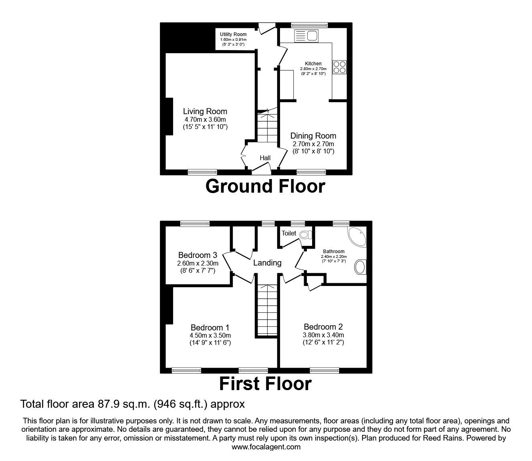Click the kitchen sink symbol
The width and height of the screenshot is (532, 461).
point(306,36)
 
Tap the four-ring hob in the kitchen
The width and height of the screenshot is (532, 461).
point(339,67)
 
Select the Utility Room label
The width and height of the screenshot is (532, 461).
point(233,34)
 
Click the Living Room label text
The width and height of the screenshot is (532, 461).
point(205,111)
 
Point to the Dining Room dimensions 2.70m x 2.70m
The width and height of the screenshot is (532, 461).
point(313,144)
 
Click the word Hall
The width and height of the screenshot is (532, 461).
point(265,158)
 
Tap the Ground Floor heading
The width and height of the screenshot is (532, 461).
point(265,186)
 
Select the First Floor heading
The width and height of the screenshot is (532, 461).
point(265,383)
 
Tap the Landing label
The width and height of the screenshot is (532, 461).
point(267,263)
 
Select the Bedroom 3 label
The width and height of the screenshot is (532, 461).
point(197,255)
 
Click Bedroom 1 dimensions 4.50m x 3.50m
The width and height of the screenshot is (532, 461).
point(210,336)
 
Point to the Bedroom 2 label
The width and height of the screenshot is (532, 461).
point(323,327)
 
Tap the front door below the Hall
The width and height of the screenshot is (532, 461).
point(262,171)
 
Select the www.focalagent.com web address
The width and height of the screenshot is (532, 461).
point(266,447)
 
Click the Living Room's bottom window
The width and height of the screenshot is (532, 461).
point(203,172)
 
